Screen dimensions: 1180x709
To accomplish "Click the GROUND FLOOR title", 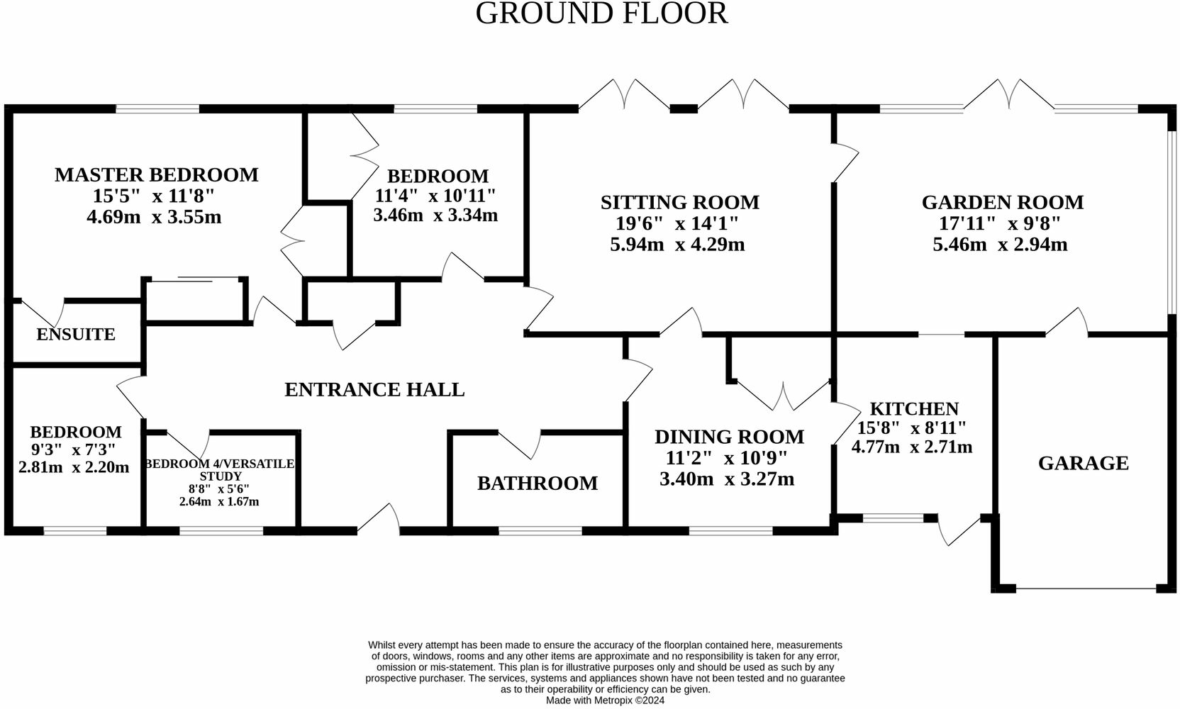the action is (601, 13).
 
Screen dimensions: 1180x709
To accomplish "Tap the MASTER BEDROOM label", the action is (157, 175).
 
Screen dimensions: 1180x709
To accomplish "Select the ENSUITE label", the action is (76, 335).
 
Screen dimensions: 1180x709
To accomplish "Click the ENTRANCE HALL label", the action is (374, 390).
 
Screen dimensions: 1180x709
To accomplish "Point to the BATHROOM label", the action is (538, 484).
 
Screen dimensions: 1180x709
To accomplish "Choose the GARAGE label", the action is (1084, 464).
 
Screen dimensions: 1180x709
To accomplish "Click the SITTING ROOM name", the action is (680, 203).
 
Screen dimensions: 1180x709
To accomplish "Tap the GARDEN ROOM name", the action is (1003, 203).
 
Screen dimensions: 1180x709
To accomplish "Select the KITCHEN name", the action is (914, 409).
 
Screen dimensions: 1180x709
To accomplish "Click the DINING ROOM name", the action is (730, 437).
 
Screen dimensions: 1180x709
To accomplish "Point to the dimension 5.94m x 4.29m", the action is (677, 245).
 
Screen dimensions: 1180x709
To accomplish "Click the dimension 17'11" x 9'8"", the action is (1000, 224).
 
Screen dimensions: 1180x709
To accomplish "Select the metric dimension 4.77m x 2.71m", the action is (912, 447).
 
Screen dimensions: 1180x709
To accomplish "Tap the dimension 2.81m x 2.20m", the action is (74, 467).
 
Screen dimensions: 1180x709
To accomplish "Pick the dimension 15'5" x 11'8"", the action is (154, 196).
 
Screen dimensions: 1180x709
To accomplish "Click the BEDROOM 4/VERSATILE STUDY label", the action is (220, 470).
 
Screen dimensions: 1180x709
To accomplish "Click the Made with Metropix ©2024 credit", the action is (606, 700).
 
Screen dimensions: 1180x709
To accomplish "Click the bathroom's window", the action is (540, 531).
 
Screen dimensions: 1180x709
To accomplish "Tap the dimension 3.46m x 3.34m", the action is (435, 216).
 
